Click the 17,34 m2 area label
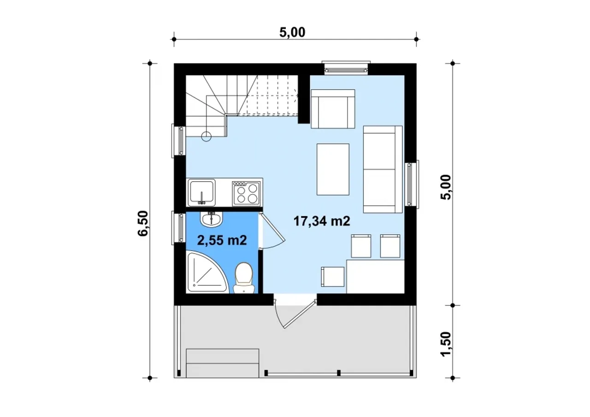click(x=322, y=221)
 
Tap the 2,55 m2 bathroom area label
click(x=222, y=240)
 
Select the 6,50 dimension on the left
click(x=143, y=223)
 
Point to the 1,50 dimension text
click(x=446, y=344)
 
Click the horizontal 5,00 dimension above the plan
click(x=292, y=32)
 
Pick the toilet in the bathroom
click(x=244, y=277)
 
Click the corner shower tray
click(x=206, y=271)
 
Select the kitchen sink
click(x=202, y=193)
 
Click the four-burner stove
click(x=246, y=193)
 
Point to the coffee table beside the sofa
click(x=333, y=169)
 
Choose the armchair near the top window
click(x=333, y=109)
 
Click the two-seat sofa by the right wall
click(x=383, y=169)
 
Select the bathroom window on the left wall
click(x=179, y=228)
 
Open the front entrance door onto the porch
click(x=300, y=314)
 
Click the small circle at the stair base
click(x=206, y=136)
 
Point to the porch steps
click(x=223, y=363)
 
